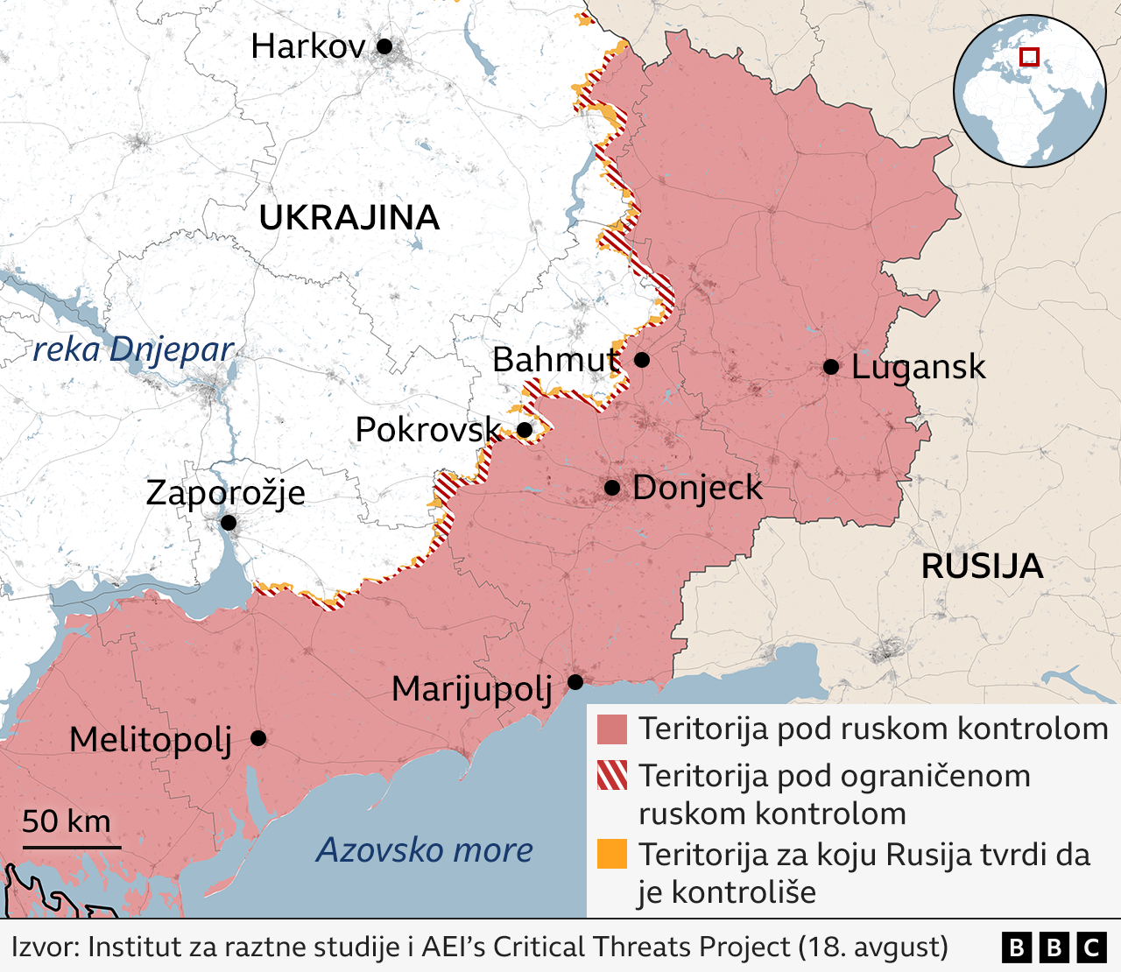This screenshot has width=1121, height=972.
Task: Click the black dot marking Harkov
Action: (x=384, y=46)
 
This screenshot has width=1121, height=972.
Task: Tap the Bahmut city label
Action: (x=556, y=360)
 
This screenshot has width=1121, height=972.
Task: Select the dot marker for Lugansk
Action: (x=830, y=367)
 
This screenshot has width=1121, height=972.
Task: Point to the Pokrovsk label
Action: (x=427, y=430)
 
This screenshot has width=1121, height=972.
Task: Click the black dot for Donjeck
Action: (x=612, y=488)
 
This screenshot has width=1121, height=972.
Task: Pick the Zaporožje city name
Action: (x=225, y=493)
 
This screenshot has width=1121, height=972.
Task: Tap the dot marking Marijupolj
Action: (x=575, y=682)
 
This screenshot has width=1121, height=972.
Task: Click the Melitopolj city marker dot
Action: (x=258, y=738)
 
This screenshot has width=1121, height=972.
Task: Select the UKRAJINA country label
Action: (x=349, y=218)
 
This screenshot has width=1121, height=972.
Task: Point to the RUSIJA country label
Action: (x=982, y=567)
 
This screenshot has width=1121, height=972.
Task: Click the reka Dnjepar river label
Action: (x=133, y=349)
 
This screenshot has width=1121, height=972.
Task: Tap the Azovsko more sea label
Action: (x=425, y=850)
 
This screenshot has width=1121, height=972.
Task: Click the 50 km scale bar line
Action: (x=72, y=847)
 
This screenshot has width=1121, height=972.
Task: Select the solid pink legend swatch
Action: (x=612, y=729)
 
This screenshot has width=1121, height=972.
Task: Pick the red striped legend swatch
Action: (x=612, y=776)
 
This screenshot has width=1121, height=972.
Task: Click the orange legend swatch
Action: (x=612, y=854)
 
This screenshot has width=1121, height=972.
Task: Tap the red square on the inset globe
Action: (x=1030, y=57)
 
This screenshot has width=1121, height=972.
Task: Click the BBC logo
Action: (x=1054, y=947)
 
